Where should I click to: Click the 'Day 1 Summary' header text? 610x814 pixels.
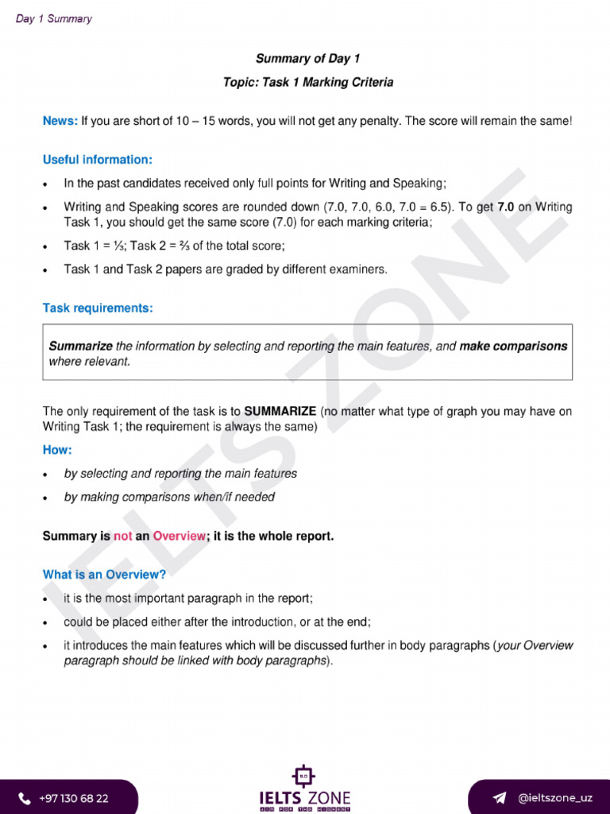point(54,19)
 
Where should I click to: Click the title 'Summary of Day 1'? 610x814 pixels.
point(307,59)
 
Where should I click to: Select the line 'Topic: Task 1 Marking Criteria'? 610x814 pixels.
point(307,83)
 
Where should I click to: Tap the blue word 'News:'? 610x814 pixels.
point(60,122)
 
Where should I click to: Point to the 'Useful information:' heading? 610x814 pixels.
point(98,160)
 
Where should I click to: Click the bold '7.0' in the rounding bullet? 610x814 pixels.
point(506,207)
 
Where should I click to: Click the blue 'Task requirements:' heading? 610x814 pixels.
point(98,308)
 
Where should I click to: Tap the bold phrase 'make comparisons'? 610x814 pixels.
point(513,347)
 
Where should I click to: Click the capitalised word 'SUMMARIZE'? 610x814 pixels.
point(280,412)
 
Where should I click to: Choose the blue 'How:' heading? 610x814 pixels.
point(57,450)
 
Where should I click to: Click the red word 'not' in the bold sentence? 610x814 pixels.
point(123,537)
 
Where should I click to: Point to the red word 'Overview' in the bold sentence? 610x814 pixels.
point(180,537)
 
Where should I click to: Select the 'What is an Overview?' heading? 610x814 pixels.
point(104,575)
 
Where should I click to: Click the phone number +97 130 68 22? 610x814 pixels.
point(74,798)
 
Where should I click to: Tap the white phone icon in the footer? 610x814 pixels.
point(25,798)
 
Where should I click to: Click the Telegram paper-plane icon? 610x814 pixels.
point(500,797)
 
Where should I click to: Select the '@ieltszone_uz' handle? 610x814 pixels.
point(554,797)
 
